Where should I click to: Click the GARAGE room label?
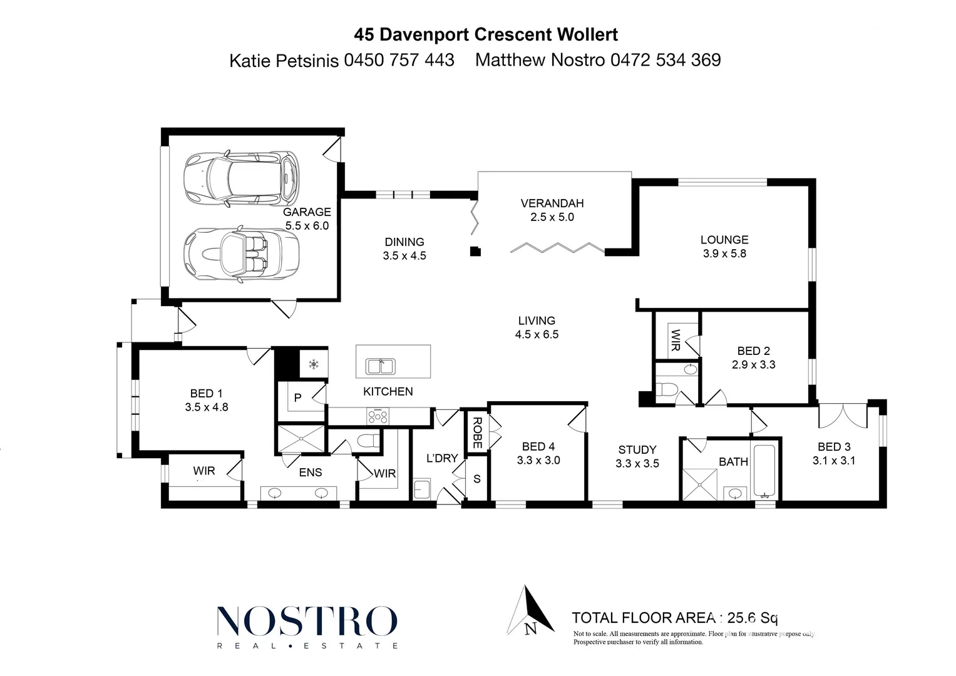click(x=307, y=212)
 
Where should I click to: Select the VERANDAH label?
click(x=552, y=203)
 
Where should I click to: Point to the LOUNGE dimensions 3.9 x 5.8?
click(x=724, y=253)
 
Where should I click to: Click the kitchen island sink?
click(x=379, y=365)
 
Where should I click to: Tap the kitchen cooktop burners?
click(x=378, y=416)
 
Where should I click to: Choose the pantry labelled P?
click(x=298, y=397)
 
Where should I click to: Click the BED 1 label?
click(x=206, y=393)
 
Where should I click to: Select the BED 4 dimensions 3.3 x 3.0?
click(x=538, y=460)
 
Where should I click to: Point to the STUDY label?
click(x=637, y=449)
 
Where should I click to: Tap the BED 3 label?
click(x=834, y=447)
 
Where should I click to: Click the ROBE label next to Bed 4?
click(x=477, y=433)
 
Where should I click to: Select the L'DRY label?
click(x=442, y=458)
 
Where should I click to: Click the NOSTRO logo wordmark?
click(x=307, y=621)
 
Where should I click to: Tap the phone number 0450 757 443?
click(x=399, y=60)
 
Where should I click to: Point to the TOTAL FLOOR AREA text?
click(x=643, y=618)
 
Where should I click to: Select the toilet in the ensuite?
click(x=366, y=441)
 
